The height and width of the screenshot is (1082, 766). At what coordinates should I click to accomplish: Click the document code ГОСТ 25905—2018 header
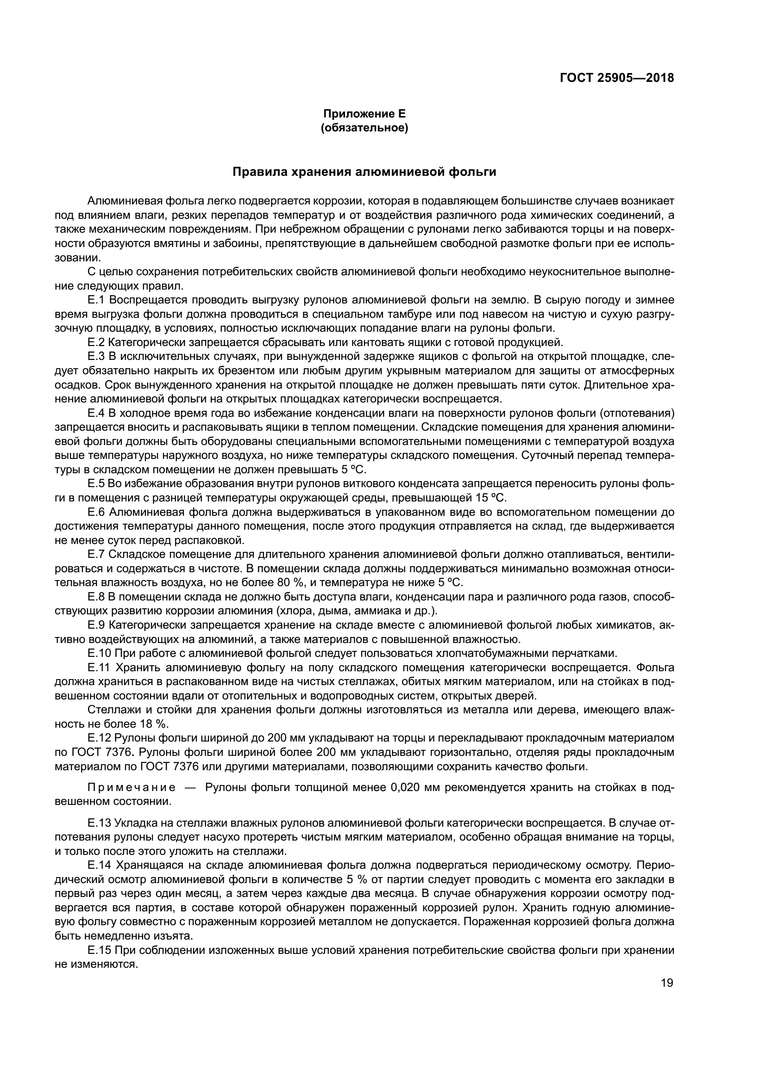(x=616, y=78)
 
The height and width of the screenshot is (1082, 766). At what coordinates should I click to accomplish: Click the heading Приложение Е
(x=364, y=114)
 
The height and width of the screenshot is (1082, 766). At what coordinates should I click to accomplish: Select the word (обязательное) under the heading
(x=364, y=128)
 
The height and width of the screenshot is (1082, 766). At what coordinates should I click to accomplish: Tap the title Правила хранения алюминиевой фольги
(x=364, y=172)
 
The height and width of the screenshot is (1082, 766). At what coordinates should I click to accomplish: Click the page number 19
(x=667, y=983)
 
